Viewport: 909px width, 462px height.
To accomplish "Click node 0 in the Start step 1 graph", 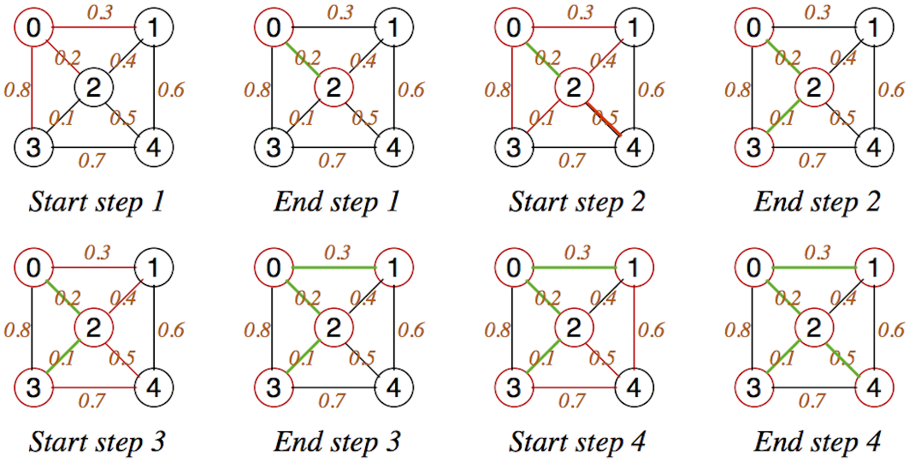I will [x=32, y=28].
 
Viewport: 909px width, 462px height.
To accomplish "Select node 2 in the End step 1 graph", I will [x=333, y=86].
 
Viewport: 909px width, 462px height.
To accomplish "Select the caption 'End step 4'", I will [x=816, y=442].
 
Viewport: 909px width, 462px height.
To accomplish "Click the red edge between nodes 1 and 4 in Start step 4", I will [x=634, y=326].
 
